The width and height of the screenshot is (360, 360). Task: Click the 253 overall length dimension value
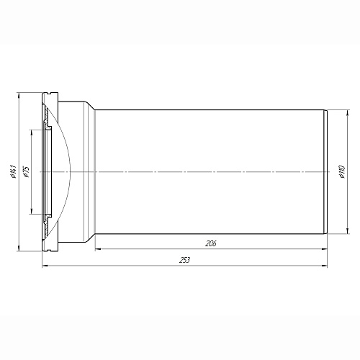pos(184,260)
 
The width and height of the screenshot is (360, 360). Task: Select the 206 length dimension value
pos(211,243)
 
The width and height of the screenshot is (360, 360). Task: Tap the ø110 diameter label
pos(343,172)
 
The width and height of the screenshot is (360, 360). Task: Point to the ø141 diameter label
pos(14,171)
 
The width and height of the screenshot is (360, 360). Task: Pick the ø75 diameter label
pos(26,172)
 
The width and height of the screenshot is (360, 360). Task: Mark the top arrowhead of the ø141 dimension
pos(19,95)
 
